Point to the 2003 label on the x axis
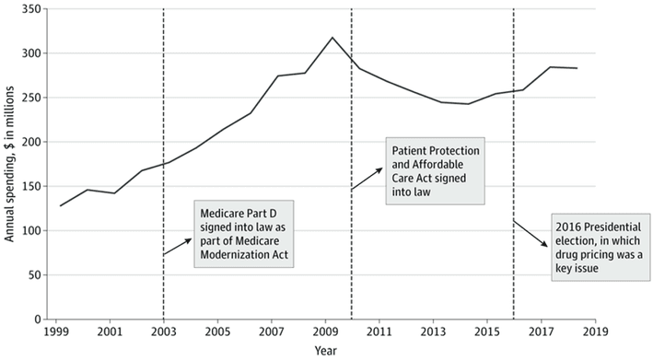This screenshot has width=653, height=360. [163, 331]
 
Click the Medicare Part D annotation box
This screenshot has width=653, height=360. [244, 233]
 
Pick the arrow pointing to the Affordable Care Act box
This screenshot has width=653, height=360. [367, 180]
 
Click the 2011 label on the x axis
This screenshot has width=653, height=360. [379, 331]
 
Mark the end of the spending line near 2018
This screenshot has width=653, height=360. [577, 68]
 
